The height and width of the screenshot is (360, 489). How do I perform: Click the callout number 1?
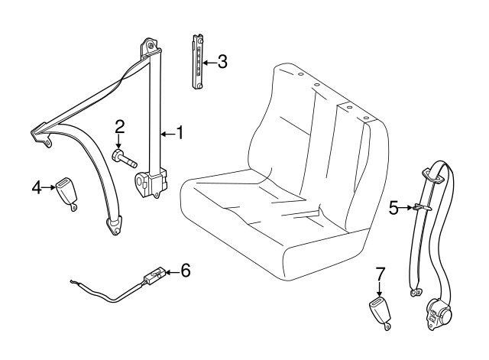tap(180, 132)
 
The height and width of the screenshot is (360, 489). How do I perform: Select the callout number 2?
tap(120, 127)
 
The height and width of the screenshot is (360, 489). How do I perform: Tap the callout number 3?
tap(222, 62)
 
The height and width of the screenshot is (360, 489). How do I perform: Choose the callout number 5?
tap(394, 206)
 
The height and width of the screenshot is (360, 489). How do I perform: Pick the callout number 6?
tap(185, 270)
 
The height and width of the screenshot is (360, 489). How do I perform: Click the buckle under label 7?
tap(381, 313)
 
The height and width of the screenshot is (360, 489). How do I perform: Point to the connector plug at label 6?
tap(153, 274)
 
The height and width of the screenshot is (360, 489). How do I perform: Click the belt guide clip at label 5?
tap(419, 206)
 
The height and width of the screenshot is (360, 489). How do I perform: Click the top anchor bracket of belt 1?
tap(150, 48)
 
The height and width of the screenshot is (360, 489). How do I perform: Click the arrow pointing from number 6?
tap(171, 270)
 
